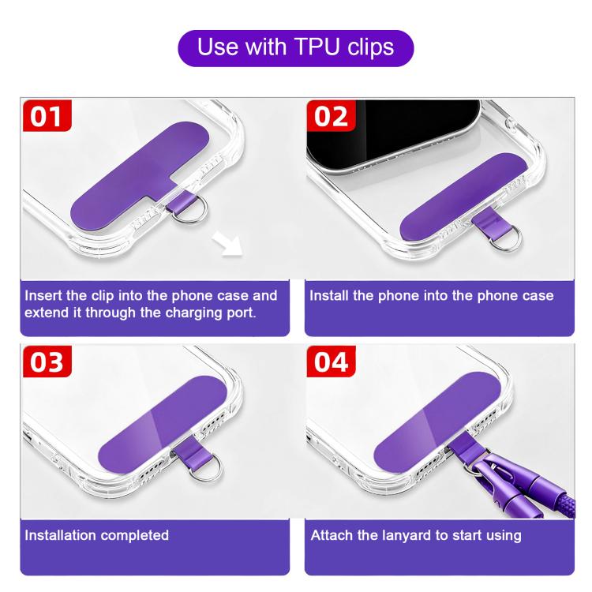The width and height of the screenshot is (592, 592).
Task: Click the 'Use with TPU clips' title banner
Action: tap(296, 48)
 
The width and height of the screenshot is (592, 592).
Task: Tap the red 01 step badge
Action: tap(47, 115)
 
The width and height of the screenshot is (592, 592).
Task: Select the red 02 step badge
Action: tap(331, 115)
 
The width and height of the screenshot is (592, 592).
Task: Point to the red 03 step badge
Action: tap(47, 362)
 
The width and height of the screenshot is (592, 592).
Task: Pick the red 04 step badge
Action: tap(331, 362)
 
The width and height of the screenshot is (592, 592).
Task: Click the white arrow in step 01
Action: tap(228, 244)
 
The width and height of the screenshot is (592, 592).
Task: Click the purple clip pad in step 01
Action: tap(140, 174)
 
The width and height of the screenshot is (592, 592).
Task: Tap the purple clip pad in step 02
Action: tap(463, 196)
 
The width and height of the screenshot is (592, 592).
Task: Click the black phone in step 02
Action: tap(392, 134)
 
